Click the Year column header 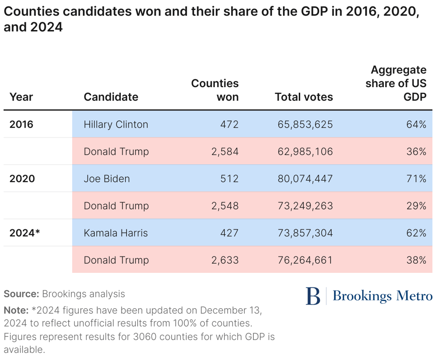(x=21, y=97)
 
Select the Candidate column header (x=111, y=97)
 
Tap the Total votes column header (x=303, y=97)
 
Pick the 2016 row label (x=21, y=124)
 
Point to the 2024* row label (x=25, y=233)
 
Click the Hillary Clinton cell (x=116, y=124)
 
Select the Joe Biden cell (x=107, y=178)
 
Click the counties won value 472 (x=229, y=124)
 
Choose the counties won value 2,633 (x=225, y=260)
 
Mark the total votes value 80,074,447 (x=305, y=178)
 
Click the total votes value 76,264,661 (x=305, y=260)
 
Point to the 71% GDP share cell (x=416, y=178)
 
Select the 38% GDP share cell (x=416, y=260)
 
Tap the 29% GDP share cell (x=416, y=206)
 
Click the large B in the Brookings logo (x=313, y=296)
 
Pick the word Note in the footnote (x=16, y=311)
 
